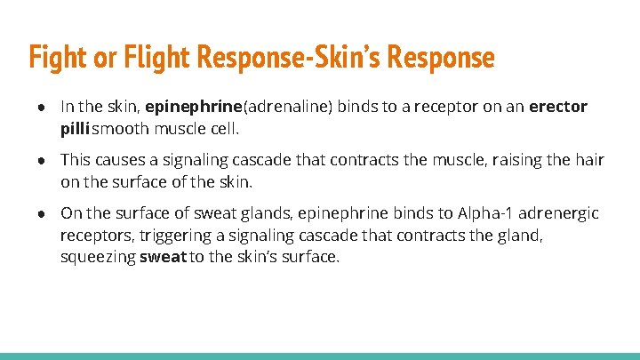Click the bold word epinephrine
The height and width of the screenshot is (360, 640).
tap(189, 107)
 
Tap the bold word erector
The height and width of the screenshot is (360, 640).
tap(558, 107)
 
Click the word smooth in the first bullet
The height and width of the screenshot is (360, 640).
tap(120, 129)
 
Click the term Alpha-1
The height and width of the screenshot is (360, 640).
tap(486, 213)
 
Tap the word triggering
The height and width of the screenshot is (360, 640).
tap(194, 236)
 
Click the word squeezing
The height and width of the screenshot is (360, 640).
tap(97, 258)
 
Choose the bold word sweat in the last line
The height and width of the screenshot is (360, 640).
tap(160, 258)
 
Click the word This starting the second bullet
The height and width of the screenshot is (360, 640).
tap(75, 160)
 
